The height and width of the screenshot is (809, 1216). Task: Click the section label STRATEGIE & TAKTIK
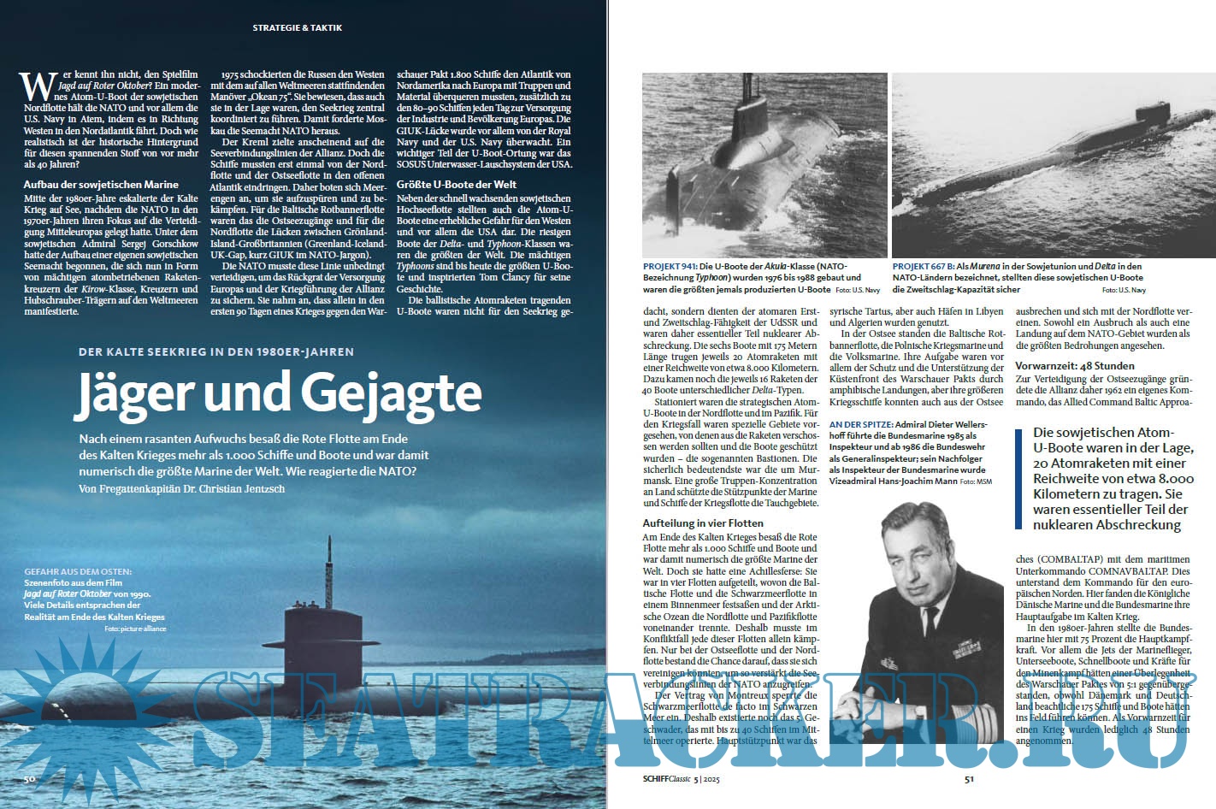tap(297, 28)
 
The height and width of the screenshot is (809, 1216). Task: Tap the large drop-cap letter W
tap(32, 86)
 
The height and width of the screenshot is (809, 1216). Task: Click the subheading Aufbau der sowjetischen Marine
tap(101, 184)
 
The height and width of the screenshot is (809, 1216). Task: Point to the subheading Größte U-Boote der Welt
tap(457, 184)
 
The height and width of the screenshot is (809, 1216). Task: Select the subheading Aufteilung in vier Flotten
tap(703, 523)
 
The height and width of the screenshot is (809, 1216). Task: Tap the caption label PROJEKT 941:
tap(670, 267)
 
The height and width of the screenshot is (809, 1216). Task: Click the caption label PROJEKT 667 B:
tap(924, 267)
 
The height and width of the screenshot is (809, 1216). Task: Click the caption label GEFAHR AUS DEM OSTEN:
tap(78, 570)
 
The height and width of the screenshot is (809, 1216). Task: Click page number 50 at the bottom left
tap(29, 779)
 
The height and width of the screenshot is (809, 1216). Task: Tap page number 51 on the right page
tap(969, 779)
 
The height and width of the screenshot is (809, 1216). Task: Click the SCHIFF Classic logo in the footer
tap(667, 779)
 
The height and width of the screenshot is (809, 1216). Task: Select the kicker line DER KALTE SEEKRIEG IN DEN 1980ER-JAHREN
tap(215, 351)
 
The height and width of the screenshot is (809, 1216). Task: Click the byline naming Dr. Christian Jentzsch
tap(180, 488)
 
